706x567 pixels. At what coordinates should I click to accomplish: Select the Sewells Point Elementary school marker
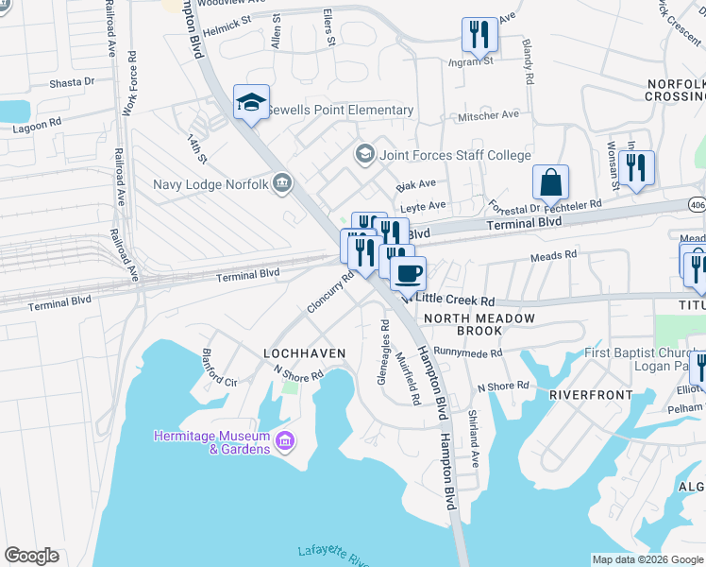click(x=252, y=103)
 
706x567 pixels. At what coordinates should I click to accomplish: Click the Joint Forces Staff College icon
click(x=364, y=154)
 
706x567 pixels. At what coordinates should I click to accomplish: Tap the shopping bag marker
click(x=550, y=182)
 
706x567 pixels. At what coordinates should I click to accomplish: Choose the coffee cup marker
click(x=408, y=273)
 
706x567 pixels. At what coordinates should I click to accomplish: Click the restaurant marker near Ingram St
click(x=479, y=36)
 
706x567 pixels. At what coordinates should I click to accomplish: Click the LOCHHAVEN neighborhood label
click(x=304, y=352)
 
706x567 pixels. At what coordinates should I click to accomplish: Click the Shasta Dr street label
click(x=73, y=82)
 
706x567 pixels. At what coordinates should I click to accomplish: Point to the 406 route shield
click(x=697, y=203)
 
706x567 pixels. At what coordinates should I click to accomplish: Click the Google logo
click(x=31, y=556)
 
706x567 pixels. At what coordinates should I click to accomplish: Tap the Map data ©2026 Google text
click(x=647, y=559)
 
